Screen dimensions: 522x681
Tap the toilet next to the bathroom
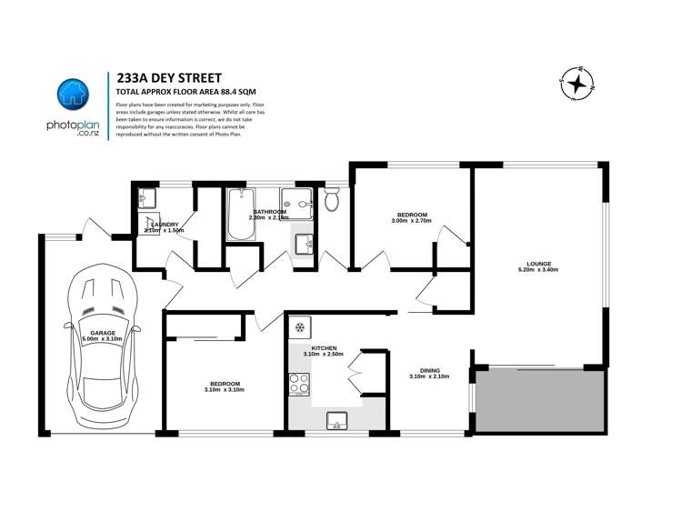[x=332, y=198]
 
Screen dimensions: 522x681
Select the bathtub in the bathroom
[x=242, y=215]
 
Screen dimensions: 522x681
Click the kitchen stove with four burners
[x=299, y=385]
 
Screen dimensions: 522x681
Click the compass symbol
[x=576, y=85]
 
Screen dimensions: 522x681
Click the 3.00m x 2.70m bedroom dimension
[x=410, y=221]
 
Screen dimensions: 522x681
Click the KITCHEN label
[x=325, y=348]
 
